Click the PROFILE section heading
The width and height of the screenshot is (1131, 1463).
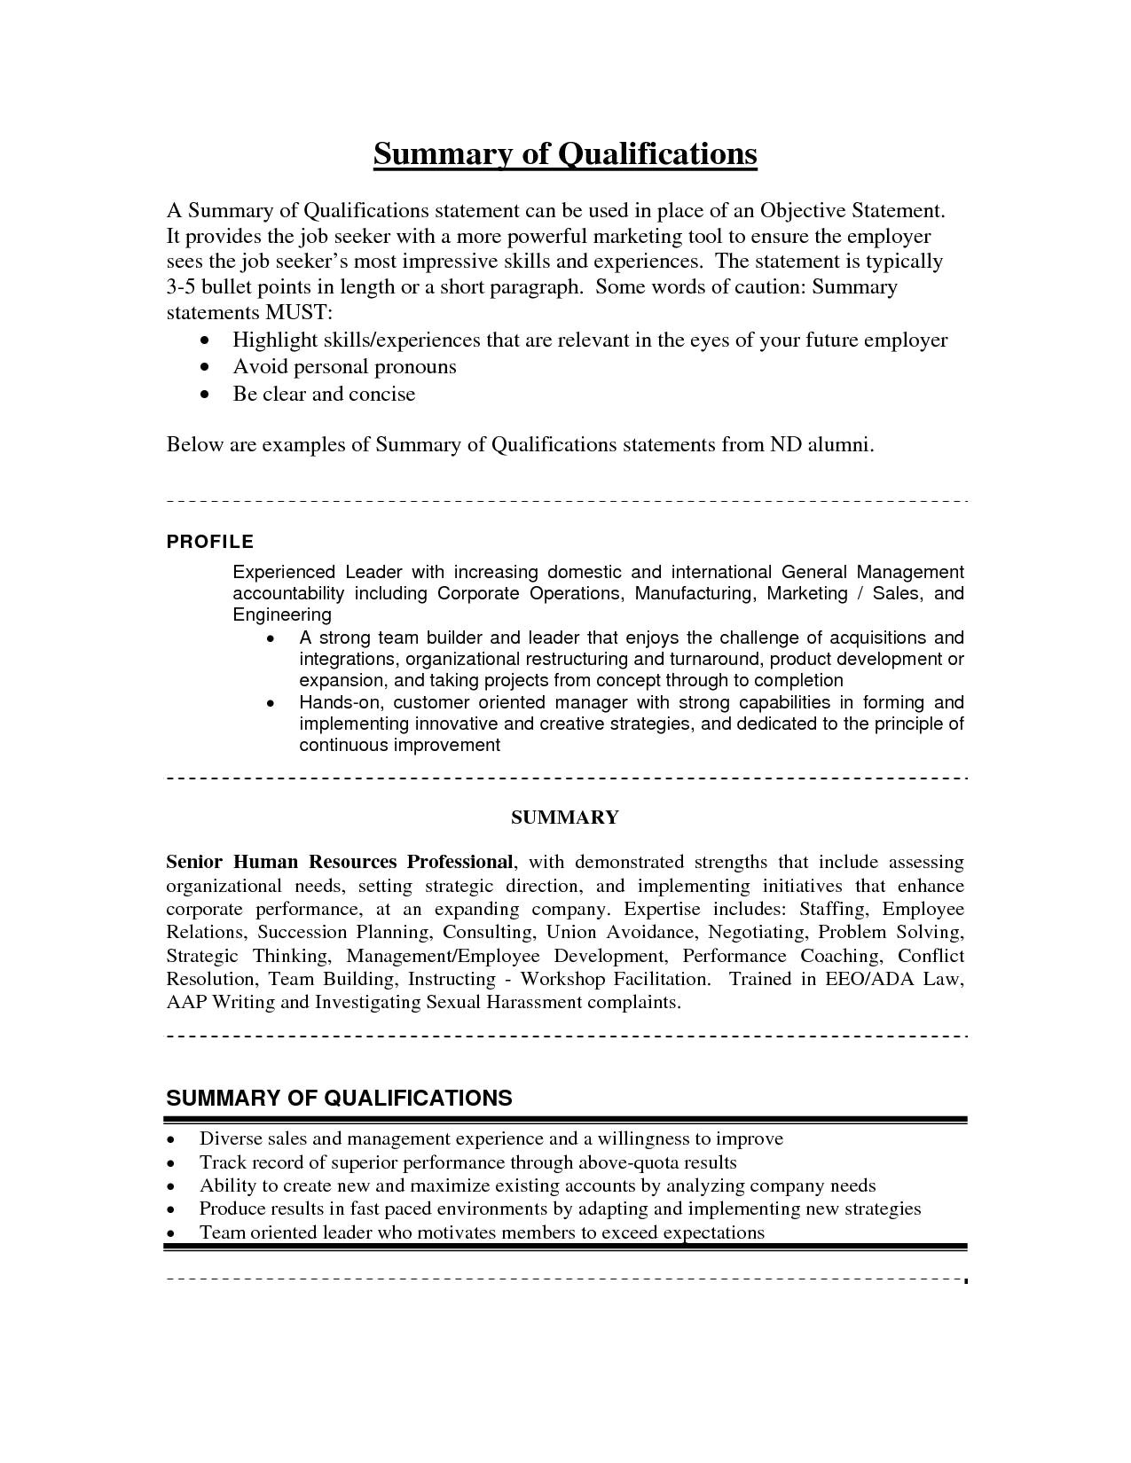pyautogui.click(x=210, y=542)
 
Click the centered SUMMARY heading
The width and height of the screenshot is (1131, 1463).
pyautogui.click(x=565, y=818)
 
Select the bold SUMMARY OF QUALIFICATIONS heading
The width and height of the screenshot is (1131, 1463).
pyautogui.click(x=339, y=1099)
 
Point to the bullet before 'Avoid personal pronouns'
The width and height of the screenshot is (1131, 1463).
pyautogui.click(x=207, y=367)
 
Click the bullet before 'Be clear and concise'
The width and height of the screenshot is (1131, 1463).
pyautogui.click(x=207, y=395)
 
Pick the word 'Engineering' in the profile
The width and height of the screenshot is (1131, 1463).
pyautogui.click(x=282, y=615)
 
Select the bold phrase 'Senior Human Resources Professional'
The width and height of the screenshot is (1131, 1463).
pyautogui.click(x=340, y=862)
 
